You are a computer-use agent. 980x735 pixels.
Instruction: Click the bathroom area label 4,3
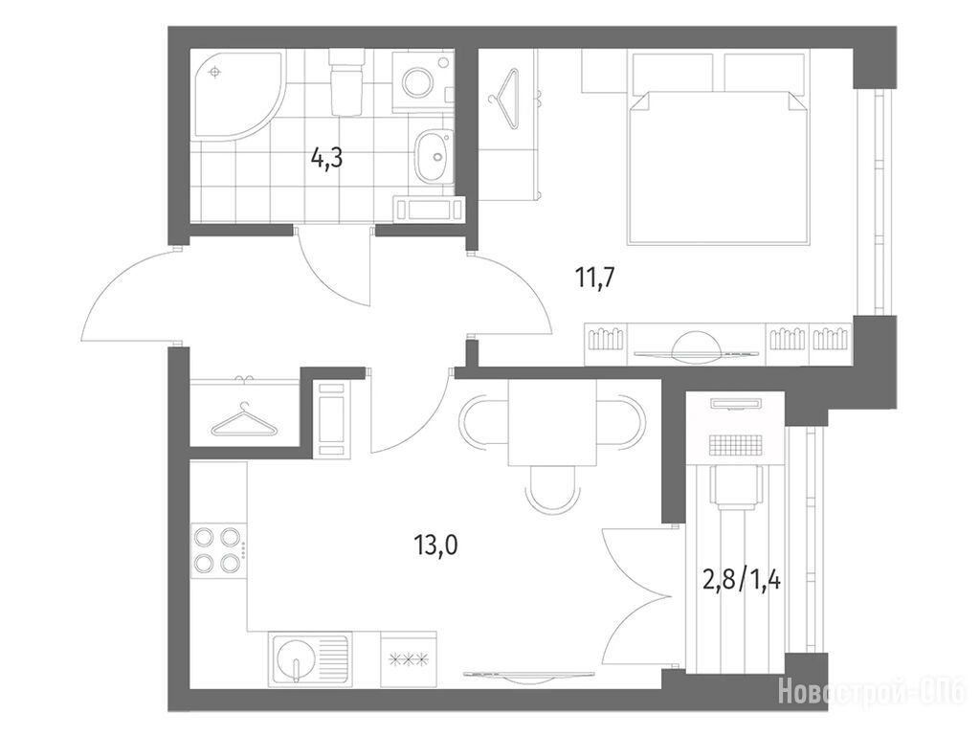click(x=327, y=160)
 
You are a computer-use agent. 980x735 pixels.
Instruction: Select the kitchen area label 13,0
click(x=435, y=546)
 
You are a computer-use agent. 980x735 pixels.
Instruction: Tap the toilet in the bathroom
click(x=345, y=83)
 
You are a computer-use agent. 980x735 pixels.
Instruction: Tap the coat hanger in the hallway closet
click(x=244, y=420)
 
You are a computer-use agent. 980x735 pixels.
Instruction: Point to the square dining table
click(x=552, y=423)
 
